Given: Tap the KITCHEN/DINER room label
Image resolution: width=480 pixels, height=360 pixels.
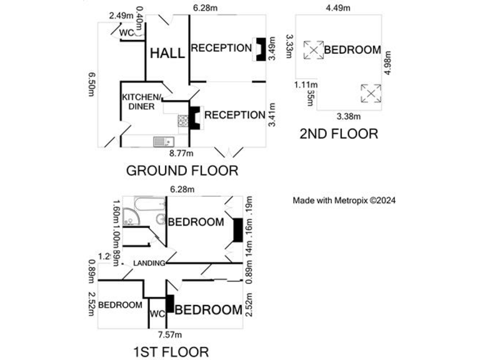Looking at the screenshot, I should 141,101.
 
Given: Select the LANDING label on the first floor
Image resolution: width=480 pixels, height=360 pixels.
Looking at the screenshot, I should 149,262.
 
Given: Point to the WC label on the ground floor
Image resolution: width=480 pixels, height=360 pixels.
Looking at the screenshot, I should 126,32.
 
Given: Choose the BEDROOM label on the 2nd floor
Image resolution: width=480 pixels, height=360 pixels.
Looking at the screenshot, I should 352,50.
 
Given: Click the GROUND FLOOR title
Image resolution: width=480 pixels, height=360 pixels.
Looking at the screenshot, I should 182,170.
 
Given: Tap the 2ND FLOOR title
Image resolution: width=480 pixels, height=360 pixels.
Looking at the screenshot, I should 339,133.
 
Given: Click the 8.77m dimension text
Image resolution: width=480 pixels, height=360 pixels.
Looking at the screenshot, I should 181,152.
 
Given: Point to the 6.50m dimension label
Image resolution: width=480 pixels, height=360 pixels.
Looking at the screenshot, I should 92,82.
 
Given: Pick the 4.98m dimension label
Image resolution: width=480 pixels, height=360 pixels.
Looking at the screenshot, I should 388,65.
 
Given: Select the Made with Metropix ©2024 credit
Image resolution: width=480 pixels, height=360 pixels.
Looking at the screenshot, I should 344,201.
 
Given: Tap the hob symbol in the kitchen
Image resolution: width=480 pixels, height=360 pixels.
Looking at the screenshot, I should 183,121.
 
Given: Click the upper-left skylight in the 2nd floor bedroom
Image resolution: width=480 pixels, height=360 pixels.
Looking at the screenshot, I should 313,50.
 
